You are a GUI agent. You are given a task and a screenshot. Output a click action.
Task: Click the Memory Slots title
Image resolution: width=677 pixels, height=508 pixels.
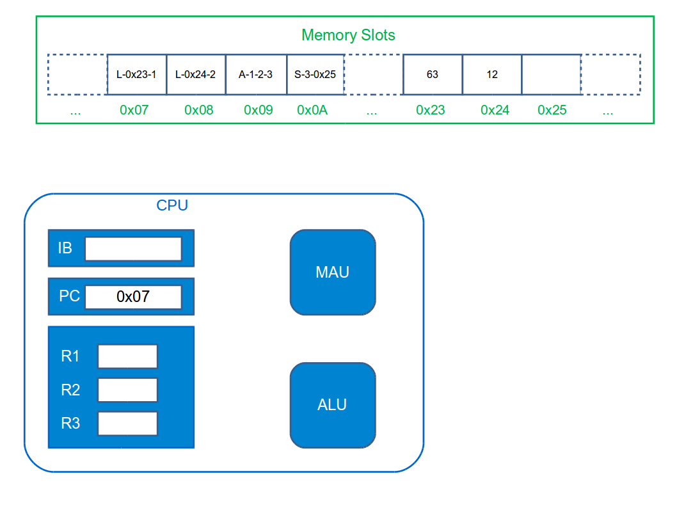(348, 35)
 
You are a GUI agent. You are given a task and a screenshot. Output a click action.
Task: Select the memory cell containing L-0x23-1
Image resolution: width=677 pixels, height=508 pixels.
(136, 74)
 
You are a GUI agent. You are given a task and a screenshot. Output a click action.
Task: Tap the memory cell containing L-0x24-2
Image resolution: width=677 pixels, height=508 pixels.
(196, 74)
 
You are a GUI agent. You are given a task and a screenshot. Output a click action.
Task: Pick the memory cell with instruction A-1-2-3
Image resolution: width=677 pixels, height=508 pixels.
(256, 74)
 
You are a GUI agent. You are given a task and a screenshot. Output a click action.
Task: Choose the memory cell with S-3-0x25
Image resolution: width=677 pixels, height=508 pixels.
(315, 74)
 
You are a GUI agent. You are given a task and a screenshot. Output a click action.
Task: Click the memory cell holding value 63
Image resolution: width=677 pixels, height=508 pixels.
(433, 74)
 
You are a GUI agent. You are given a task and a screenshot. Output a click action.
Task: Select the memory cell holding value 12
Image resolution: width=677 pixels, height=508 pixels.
(492, 74)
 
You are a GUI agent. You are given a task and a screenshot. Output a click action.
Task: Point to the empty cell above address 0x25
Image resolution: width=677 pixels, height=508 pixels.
(551, 74)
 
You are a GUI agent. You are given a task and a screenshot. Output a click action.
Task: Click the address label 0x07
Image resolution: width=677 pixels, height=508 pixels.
(134, 110)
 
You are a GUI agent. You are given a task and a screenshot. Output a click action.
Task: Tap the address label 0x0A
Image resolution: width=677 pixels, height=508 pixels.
(312, 110)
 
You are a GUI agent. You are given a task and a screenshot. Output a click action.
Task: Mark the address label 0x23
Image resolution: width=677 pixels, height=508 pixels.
(431, 110)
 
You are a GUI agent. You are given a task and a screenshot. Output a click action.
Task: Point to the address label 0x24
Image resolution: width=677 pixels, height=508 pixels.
(495, 110)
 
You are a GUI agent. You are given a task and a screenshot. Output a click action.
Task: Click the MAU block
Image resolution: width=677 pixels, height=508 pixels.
(333, 273)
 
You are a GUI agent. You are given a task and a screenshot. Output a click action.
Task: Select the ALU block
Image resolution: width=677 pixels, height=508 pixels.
(333, 405)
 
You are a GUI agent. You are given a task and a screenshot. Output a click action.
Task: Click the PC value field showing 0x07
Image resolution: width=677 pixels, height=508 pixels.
(133, 297)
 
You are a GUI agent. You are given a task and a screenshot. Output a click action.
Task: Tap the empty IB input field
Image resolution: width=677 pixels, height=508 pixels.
(133, 249)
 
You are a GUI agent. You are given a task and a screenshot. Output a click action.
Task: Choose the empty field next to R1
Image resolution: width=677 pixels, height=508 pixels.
(127, 356)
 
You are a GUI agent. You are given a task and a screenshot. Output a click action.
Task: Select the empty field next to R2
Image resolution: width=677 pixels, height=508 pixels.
(127, 390)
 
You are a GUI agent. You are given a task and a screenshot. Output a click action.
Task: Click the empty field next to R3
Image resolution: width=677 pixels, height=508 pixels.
(127, 423)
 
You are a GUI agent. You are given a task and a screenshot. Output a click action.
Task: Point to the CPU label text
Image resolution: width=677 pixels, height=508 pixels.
(172, 205)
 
